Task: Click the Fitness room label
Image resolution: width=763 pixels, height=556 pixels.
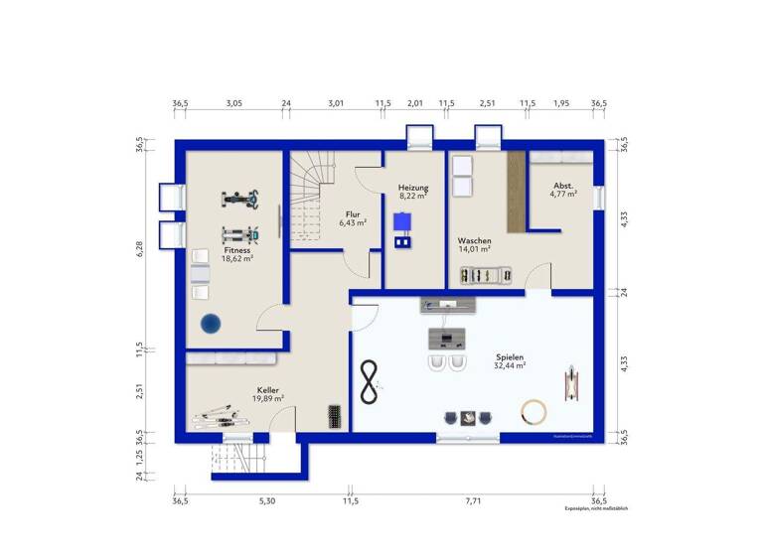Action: [x=236, y=251]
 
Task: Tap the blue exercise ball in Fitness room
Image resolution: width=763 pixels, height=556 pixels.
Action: [x=210, y=323]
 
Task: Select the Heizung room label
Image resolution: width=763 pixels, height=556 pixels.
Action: [x=413, y=188]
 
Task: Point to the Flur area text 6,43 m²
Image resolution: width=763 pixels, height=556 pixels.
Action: [x=353, y=223]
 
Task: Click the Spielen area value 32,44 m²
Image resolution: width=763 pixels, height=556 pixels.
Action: [x=509, y=366]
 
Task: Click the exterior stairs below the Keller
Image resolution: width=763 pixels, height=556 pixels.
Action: [x=239, y=461]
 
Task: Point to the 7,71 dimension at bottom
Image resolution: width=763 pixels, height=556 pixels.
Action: [x=473, y=501]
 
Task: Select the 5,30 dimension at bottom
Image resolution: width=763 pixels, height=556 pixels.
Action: [x=266, y=501]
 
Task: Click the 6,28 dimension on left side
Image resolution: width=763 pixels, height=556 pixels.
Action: [x=141, y=248]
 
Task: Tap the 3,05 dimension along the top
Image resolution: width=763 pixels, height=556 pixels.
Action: [x=232, y=102]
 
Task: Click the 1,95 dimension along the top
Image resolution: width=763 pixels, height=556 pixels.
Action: [x=561, y=102]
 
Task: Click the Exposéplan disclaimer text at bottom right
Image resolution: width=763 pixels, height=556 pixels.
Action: [x=596, y=508]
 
